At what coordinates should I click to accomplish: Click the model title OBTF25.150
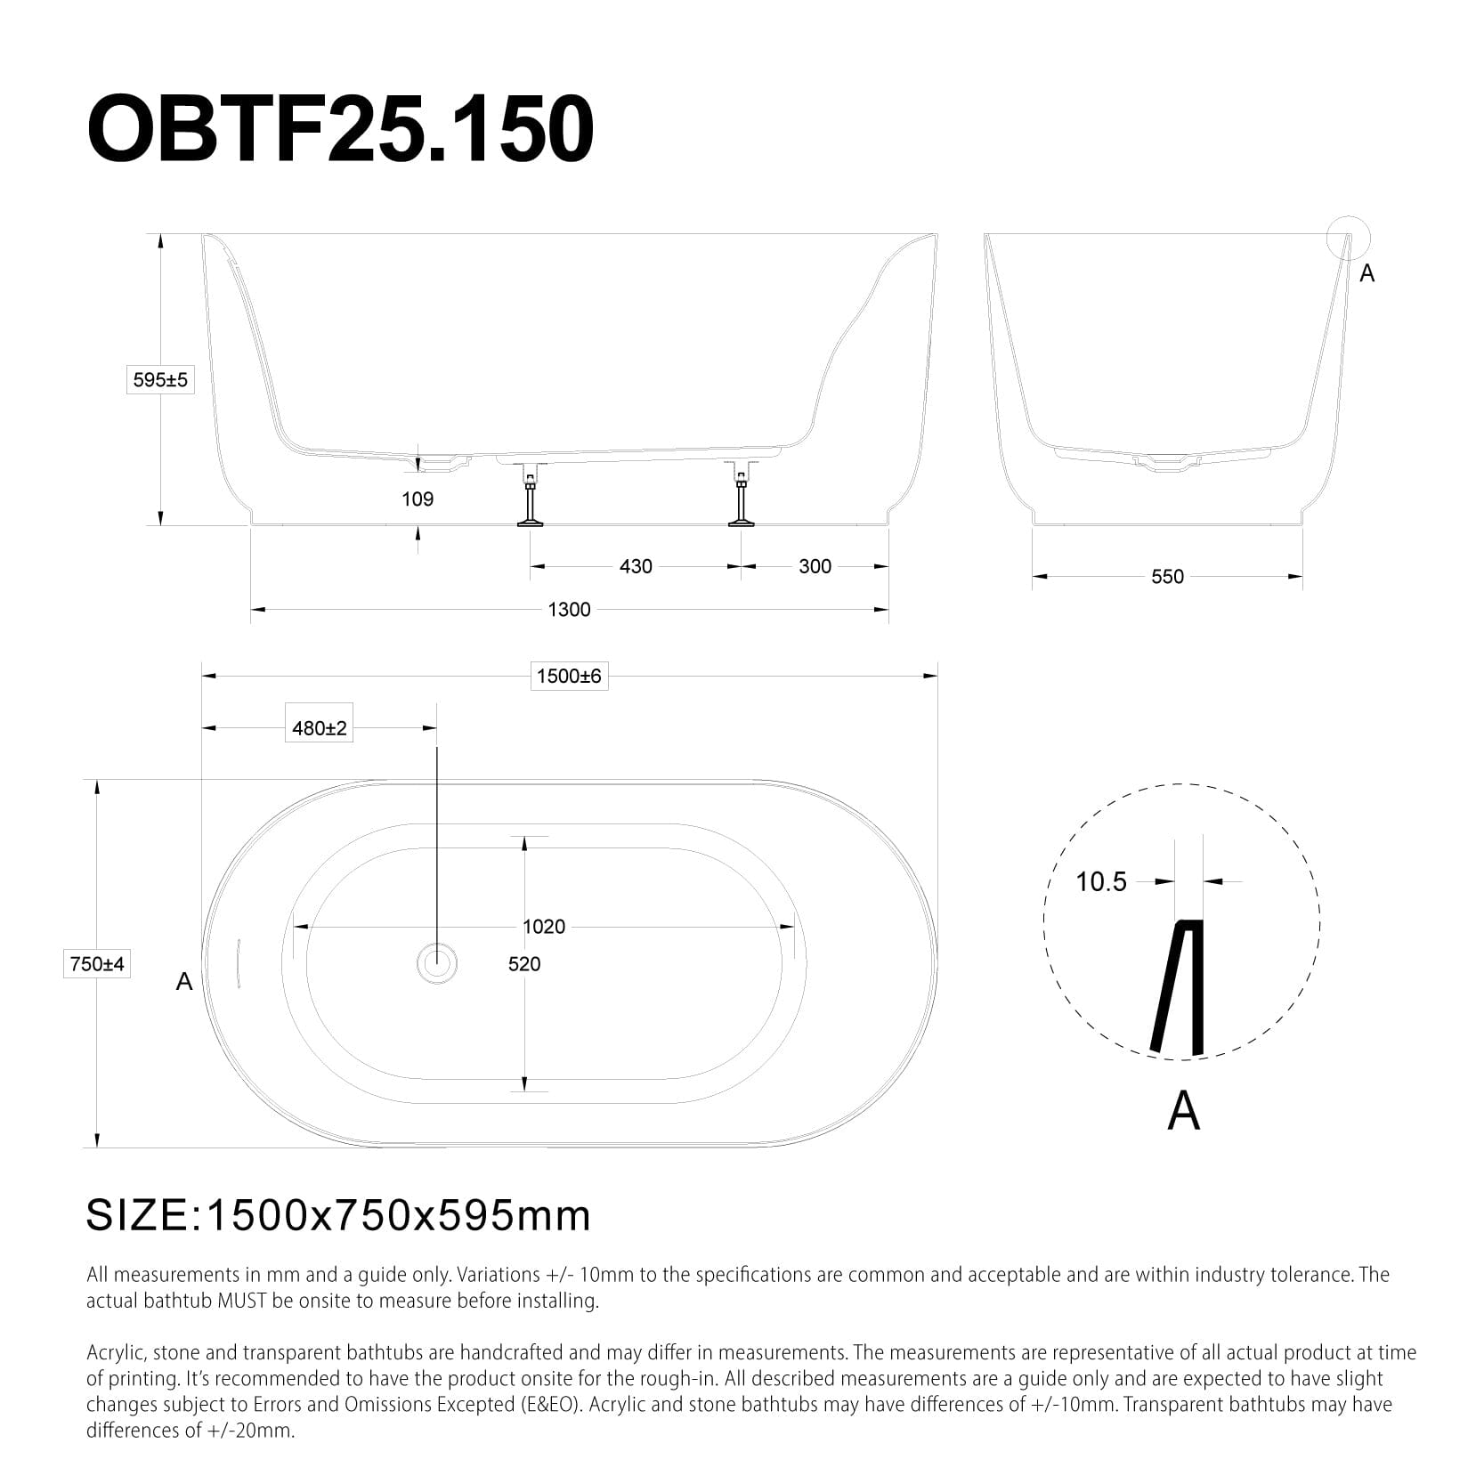pos(340,130)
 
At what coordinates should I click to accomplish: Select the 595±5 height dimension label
pos(160,380)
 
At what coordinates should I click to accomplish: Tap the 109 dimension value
pos(418,499)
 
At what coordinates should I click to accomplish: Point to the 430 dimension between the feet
pos(636,566)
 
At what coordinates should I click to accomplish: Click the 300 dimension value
pos(815,566)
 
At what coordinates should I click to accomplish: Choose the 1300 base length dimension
pos(569,609)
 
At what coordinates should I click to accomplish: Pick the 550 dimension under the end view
pos(1167,576)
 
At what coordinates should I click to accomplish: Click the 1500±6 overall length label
pos(569,676)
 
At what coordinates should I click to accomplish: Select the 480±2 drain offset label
pos(320,728)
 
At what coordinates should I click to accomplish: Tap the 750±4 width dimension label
pos(96,963)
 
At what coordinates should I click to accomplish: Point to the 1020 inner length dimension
pos(543,927)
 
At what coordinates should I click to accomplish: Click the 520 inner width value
pos(524,964)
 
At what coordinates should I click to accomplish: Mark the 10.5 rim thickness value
pos(1101,882)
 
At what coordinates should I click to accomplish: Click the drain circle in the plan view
pos(437,962)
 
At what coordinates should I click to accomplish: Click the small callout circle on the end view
pos(1348,237)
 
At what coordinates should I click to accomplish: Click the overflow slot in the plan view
pos(239,962)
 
